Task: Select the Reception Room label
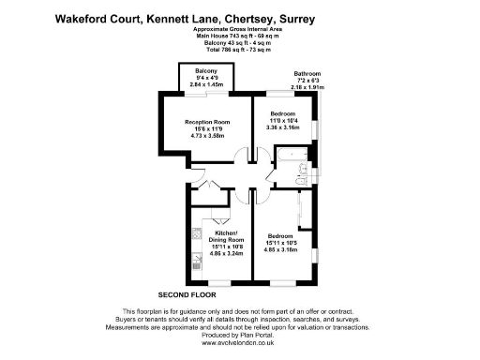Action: [208, 122]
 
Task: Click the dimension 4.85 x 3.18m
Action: [282, 250]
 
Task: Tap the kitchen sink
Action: [197, 232]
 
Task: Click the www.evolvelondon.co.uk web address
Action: [240, 345]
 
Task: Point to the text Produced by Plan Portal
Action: [240, 337]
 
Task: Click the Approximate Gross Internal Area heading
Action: [240, 30]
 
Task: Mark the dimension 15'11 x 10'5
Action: [282, 244]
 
